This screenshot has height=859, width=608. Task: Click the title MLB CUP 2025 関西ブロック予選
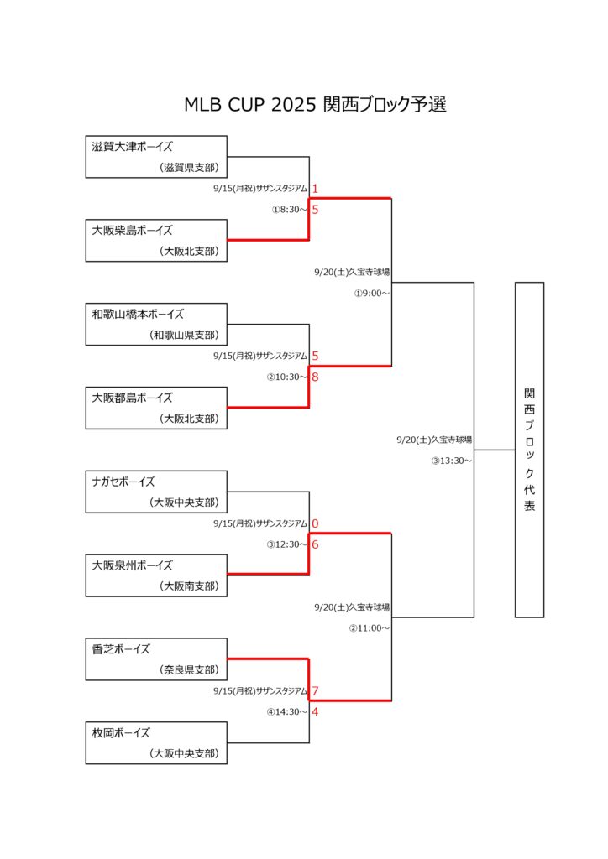[x=315, y=104]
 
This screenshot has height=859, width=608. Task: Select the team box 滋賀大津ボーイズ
[x=156, y=157]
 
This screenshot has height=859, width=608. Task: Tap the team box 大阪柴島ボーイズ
[x=156, y=241]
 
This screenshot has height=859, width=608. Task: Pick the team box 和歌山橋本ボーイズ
[x=156, y=325]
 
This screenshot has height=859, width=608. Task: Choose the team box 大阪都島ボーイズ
[x=156, y=409]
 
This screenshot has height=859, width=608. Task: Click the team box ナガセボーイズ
[x=156, y=492]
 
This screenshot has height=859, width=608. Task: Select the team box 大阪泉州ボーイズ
[x=156, y=575]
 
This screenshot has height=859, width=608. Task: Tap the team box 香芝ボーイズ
[x=156, y=659]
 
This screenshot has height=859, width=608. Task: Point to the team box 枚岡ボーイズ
[x=156, y=743]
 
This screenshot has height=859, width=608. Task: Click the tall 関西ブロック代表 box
[x=530, y=450]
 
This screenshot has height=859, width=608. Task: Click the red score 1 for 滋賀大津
[x=315, y=189]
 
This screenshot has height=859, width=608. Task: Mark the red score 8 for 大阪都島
[x=315, y=377]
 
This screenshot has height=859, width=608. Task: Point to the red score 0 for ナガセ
[x=315, y=523]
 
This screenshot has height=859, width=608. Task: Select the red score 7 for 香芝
[x=315, y=691]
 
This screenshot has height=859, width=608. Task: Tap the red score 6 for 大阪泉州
[x=315, y=544]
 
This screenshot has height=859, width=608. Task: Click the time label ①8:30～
[x=290, y=210]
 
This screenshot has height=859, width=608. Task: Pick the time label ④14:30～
[x=286, y=712]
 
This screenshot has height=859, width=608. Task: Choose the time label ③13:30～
[x=451, y=461]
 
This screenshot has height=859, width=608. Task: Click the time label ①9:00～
[x=372, y=294]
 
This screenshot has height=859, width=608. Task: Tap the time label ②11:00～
[x=369, y=628]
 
